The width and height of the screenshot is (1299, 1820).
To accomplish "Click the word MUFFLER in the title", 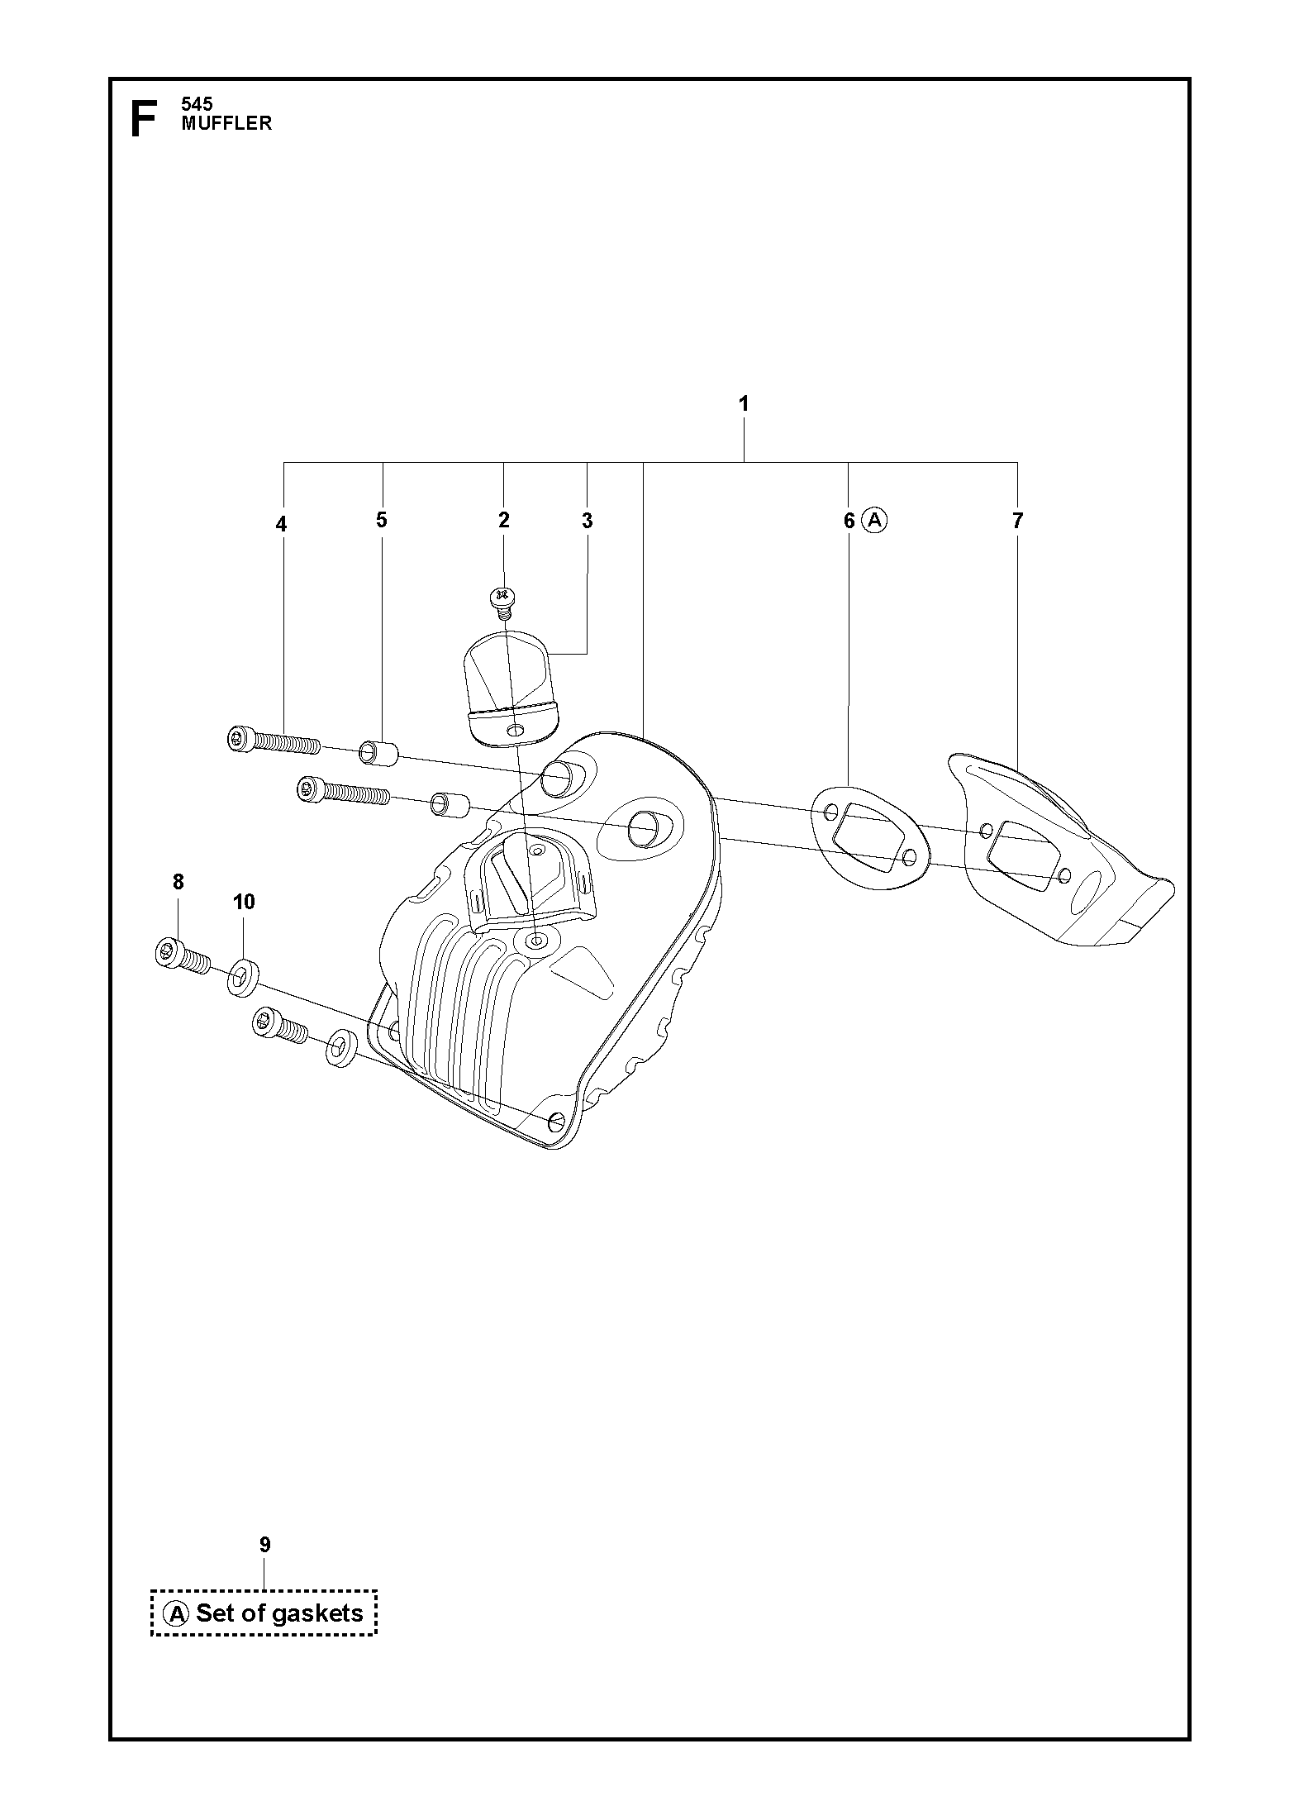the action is tap(226, 123).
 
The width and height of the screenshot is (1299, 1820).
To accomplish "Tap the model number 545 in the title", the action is tap(197, 104).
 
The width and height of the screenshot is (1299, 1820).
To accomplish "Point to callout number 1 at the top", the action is tap(744, 404).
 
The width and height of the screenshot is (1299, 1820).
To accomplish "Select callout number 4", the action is tap(282, 524).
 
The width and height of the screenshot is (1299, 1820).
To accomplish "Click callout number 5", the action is tap(381, 520).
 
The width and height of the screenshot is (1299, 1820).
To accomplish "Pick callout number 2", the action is tap(504, 520).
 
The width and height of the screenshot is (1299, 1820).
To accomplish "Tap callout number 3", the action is tap(588, 521).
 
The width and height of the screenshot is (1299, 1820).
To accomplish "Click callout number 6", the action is tap(849, 521).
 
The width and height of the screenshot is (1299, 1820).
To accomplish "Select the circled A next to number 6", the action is tap(874, 520).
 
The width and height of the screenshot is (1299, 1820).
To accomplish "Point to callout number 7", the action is tap(1017, 521).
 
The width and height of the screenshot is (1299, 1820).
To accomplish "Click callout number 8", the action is tap(178, 882).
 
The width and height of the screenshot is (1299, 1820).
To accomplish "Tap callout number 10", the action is tap(244, 902).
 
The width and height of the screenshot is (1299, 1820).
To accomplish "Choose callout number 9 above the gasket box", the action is tap(264, 1544).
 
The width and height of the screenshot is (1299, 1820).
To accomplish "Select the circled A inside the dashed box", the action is tap(176, 1613).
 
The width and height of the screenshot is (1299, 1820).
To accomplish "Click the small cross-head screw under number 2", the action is tap(501, 599).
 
